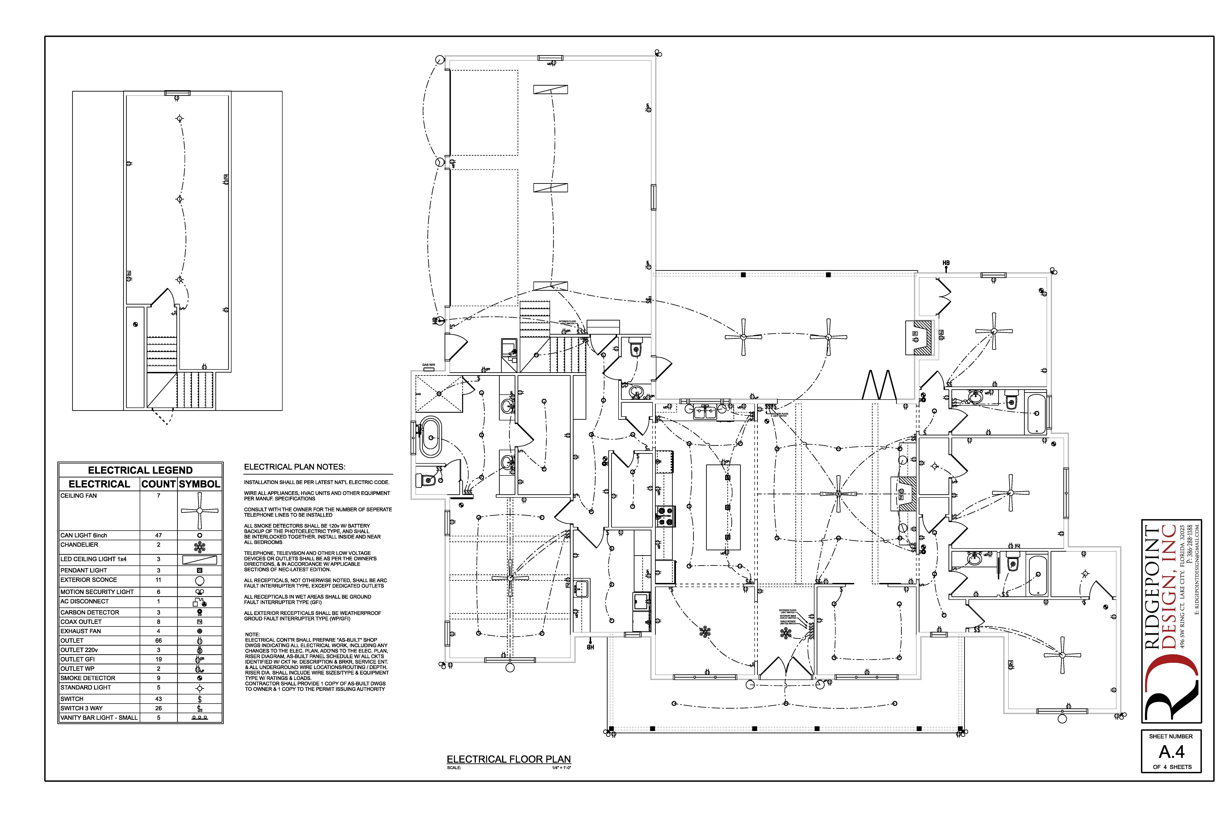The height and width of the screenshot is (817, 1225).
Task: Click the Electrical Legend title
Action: [x=140, y=470]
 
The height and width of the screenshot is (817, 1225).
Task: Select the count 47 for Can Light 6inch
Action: [x=158, y=535]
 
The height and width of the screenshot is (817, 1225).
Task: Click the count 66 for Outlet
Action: [x=158, y=640]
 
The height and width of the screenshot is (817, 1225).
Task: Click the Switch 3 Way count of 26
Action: [x=158, y=708]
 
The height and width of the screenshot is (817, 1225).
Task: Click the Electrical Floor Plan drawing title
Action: [x=509, y=759]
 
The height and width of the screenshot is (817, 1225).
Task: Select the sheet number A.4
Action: [x=1171, y=752]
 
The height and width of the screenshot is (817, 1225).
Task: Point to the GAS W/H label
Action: [x=429, y=365]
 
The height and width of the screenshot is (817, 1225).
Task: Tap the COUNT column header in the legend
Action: [x=158, y=484]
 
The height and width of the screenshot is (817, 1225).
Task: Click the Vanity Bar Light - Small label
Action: [x=99, y=717]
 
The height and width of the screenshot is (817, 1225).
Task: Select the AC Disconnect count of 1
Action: [x=158, y=601]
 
